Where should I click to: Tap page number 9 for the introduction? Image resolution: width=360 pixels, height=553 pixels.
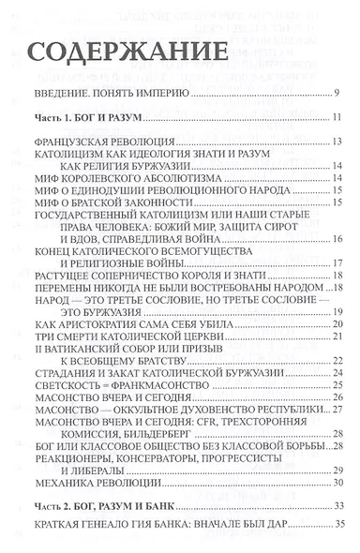point(337,94)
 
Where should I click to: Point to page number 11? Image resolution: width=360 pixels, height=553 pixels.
point(336,118)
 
